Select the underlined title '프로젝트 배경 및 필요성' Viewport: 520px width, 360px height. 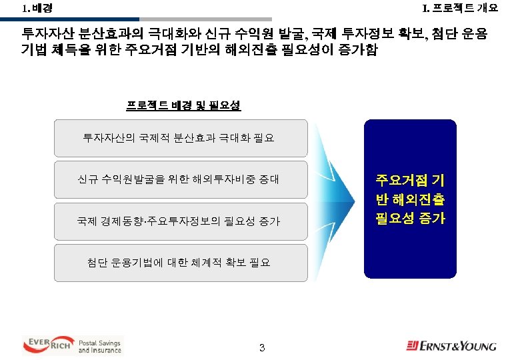point(183,106)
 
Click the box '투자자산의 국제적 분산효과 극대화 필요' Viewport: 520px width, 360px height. point(180,139)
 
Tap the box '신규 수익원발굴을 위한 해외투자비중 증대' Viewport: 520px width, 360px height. point(180,180)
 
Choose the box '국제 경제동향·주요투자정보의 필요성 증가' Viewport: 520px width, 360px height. point(180,221)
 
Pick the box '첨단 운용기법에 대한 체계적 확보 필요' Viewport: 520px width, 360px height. point(180,263)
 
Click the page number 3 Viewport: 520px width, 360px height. point(262,347)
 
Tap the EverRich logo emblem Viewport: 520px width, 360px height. point(48,345)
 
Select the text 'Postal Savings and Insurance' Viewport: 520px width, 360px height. point(100,346)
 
